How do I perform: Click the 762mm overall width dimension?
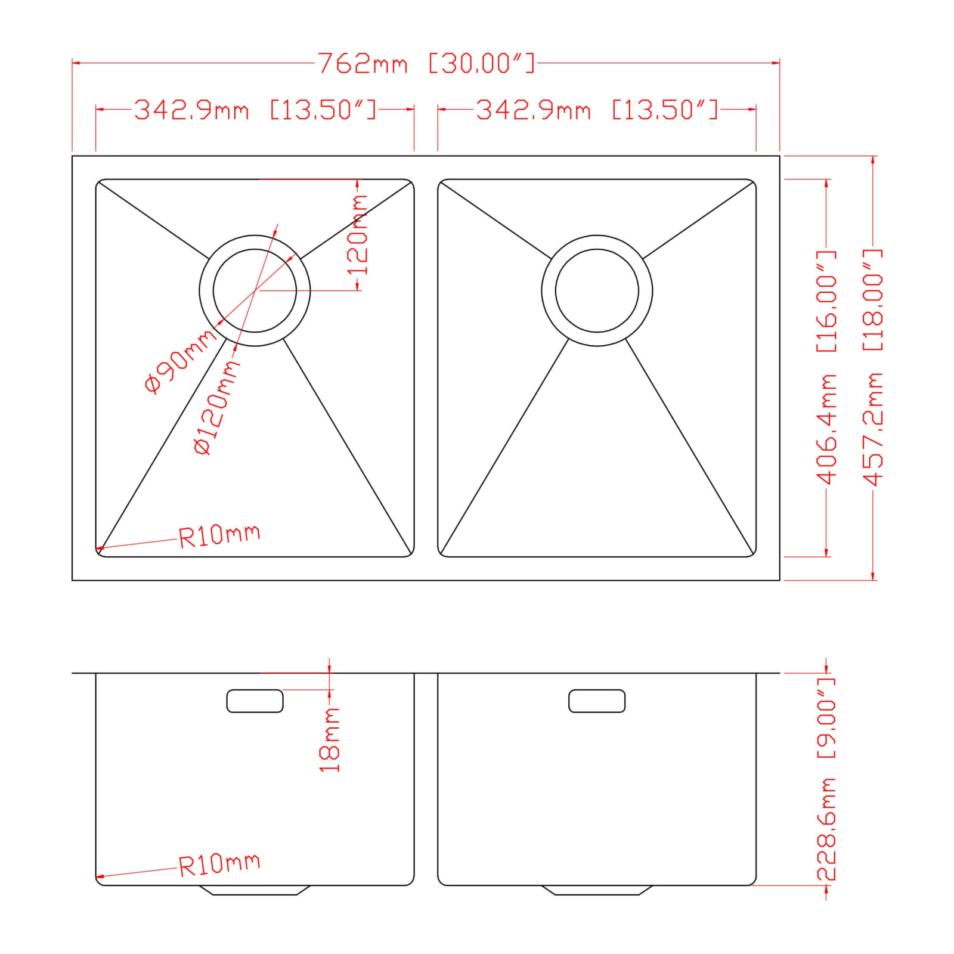[x=426, y=63]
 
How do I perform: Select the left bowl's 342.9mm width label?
[x=255, y=110]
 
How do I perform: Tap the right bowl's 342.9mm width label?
[x=597, y=110]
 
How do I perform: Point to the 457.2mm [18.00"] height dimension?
[x=874, y=368]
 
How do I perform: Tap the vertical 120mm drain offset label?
[x=358, y=235]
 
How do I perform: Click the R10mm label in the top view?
[x=219, y=535]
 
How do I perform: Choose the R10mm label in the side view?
[x=219, y=864]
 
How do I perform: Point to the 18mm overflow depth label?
[x=330, y=740]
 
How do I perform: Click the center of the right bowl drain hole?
[x=597, y=290]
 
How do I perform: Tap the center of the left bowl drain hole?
[x=255, y=290]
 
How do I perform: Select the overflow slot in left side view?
[x=255, y=701]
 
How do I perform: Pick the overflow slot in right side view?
[x=597, y=701]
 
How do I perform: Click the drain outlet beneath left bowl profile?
[x=255, y=890]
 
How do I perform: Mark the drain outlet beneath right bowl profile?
[x=597, y=890]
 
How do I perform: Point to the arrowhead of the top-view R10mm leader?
[x=100, y=547]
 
